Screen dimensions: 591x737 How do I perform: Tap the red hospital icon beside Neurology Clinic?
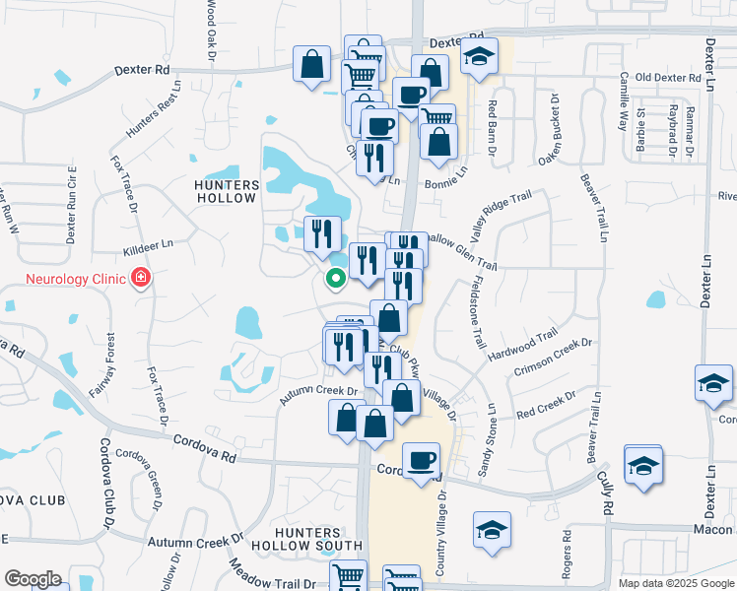tap(141, 279)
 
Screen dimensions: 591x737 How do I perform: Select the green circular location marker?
tap(335, 279)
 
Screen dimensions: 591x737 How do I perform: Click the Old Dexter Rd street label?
tap(668, 77)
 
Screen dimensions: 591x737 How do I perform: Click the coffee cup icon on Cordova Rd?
tap(422, 459)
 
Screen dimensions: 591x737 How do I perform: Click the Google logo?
tap(33, 579)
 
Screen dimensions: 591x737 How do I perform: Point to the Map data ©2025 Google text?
tap(677, 583)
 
